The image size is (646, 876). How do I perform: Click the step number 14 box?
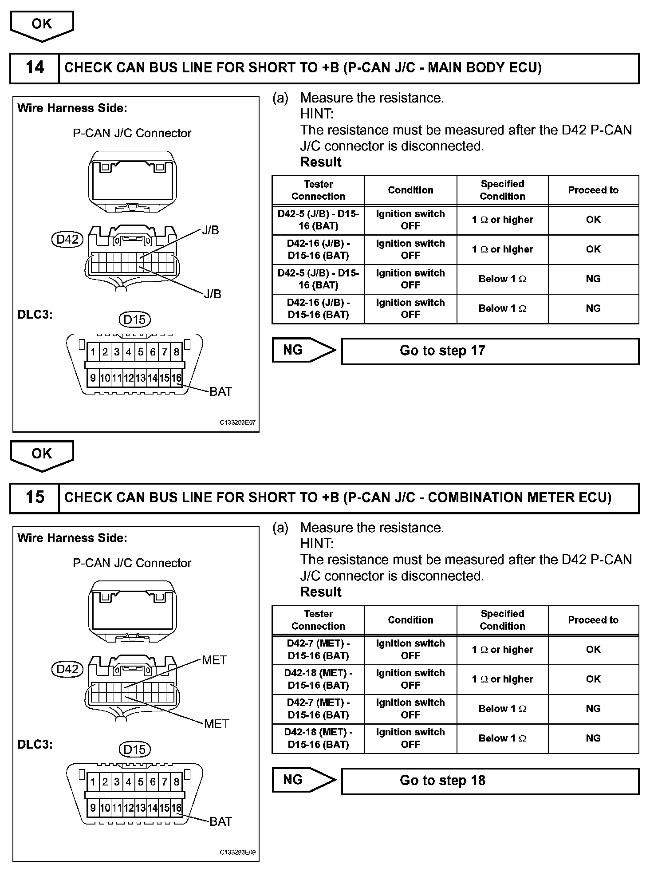pyautogui.click(x=35, y=68)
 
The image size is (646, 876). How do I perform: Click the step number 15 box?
pyautogui.click(x=35, y=497)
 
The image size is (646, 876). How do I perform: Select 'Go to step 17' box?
pyautogui.click(x=490, y=351)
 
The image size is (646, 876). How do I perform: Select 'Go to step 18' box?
pyautogui.click(x=490, y=781)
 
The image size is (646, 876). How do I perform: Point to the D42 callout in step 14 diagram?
pyautogui.click(x=67, y=240)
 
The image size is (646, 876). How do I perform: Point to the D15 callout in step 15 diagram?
pyautogui.click(x=134, y=750)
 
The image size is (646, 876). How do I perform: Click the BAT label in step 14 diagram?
pyautogui.click(x=221, y=392)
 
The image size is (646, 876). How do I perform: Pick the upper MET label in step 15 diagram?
pyautogui.click(x=214, y=660)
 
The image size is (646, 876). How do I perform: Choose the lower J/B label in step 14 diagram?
pyautogui.click(x=213, y=294)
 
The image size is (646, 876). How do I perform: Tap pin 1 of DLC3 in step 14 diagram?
pyautogui.click(x=93, y=352)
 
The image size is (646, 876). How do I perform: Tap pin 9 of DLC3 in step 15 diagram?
pyautogui.click(x=93, y=808)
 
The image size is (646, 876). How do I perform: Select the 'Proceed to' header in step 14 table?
pyautogui.click(x=593, y=190)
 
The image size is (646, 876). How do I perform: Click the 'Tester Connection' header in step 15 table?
pyautogui.click(x=318, y=620)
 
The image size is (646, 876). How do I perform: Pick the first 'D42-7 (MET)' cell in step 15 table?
pyautogui.click(x=318, y=650)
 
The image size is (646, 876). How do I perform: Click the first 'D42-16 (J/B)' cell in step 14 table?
pyautogui.click(x=318, y=250)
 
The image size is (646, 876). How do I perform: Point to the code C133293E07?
pyautogui.click(x=238, y=423)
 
